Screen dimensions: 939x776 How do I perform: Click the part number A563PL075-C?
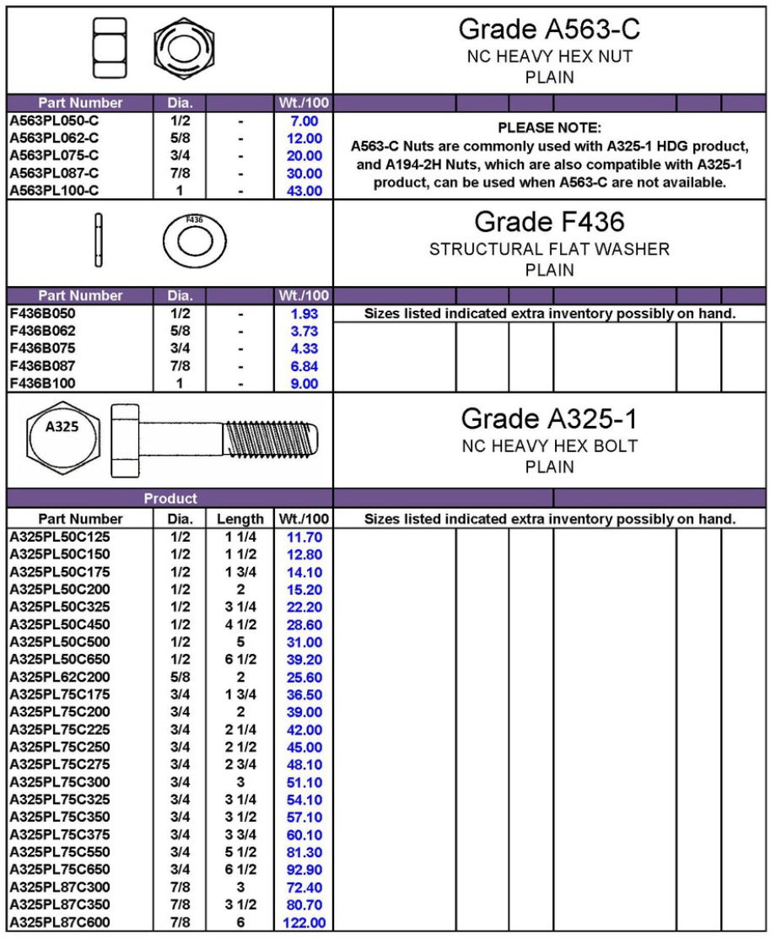tap(54, 155)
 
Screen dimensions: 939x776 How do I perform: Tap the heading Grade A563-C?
tap(549, 30)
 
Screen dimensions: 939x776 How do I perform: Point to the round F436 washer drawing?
tap(194, 241)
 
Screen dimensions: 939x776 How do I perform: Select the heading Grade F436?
tap(549, 223)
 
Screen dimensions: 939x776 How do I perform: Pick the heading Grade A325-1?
tap(549, 418)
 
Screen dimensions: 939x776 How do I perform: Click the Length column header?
tap(240, 519)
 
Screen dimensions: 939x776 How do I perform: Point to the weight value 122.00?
tap(304, 923)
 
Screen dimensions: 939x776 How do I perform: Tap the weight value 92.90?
tap(304, 870)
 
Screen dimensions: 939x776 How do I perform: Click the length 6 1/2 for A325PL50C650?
tap(240, 660)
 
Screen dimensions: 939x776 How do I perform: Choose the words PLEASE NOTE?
tap(549, 128)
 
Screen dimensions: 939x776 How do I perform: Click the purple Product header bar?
tap(170, 499)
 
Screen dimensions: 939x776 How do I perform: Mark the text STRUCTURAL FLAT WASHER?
tap(549, 250)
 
